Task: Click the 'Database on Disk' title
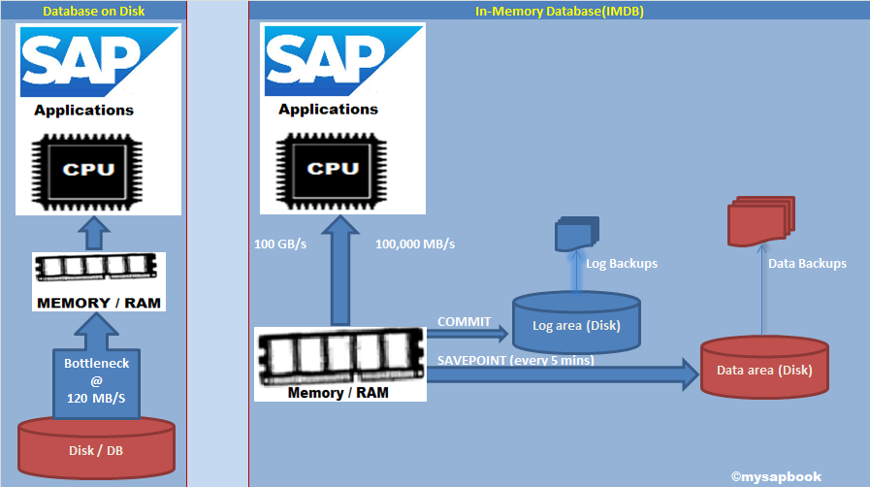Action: (94, 11)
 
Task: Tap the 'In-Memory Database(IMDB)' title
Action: (560, 11)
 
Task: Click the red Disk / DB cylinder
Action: (96, 447)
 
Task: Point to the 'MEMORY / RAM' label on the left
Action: (98, 303)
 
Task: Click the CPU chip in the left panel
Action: (97, 169)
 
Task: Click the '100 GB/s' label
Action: (281, 243)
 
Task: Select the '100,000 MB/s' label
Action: (415, 243)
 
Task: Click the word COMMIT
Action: (465, 321)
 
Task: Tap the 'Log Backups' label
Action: (622, 263)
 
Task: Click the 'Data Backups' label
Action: (807, 263)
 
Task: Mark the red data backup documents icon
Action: (760, 222)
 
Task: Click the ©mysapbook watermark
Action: (776, 476)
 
